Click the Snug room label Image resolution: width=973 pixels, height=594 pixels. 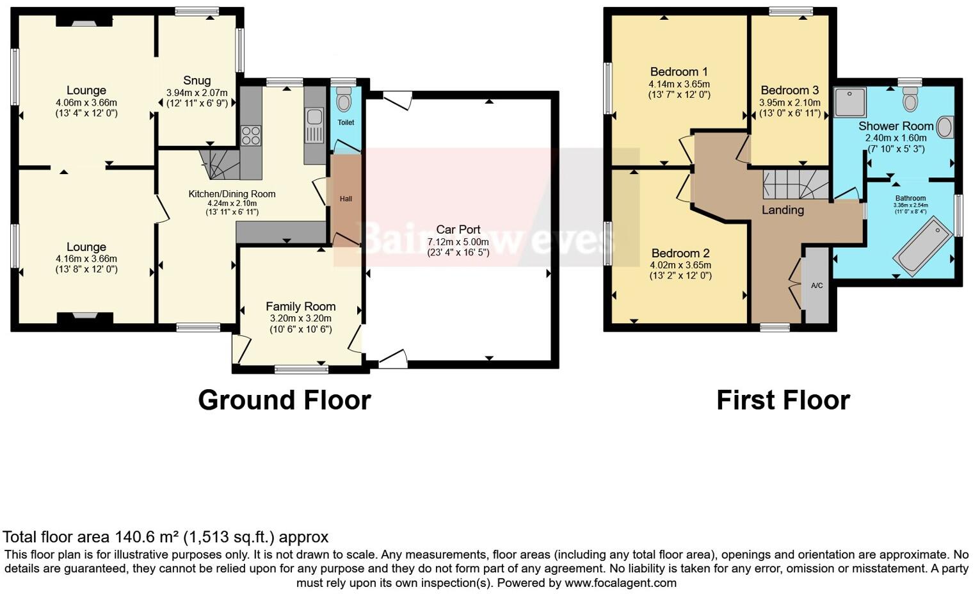tap(197, 81)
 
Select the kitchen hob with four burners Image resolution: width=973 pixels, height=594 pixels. tap(250, 136)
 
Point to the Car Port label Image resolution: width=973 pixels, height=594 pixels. tap(458, 230)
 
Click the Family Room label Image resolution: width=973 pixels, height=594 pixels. tap(300, 307)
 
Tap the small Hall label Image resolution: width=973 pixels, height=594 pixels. tap(346, 199)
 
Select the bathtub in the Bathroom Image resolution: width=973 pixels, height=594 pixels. tap(923, 246)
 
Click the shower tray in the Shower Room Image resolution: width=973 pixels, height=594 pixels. tap(850, 102)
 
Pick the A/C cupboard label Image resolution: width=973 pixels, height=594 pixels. tap(817, 285)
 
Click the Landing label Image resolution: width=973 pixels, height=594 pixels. tap(782, 210)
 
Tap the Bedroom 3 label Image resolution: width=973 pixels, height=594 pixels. tap(789, 90)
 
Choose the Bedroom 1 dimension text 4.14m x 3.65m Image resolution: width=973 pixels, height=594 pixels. tap(679, 84)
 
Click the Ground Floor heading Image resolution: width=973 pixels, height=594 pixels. tap(284, 400)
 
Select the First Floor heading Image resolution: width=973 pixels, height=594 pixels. tap(783, 400)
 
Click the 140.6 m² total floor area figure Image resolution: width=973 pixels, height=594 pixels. tap(147, 537)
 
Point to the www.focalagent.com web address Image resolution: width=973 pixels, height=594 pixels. tap(620, 583)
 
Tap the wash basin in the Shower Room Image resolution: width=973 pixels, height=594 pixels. tap(944, 127)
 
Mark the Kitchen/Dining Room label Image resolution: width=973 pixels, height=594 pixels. tap(232, 194)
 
